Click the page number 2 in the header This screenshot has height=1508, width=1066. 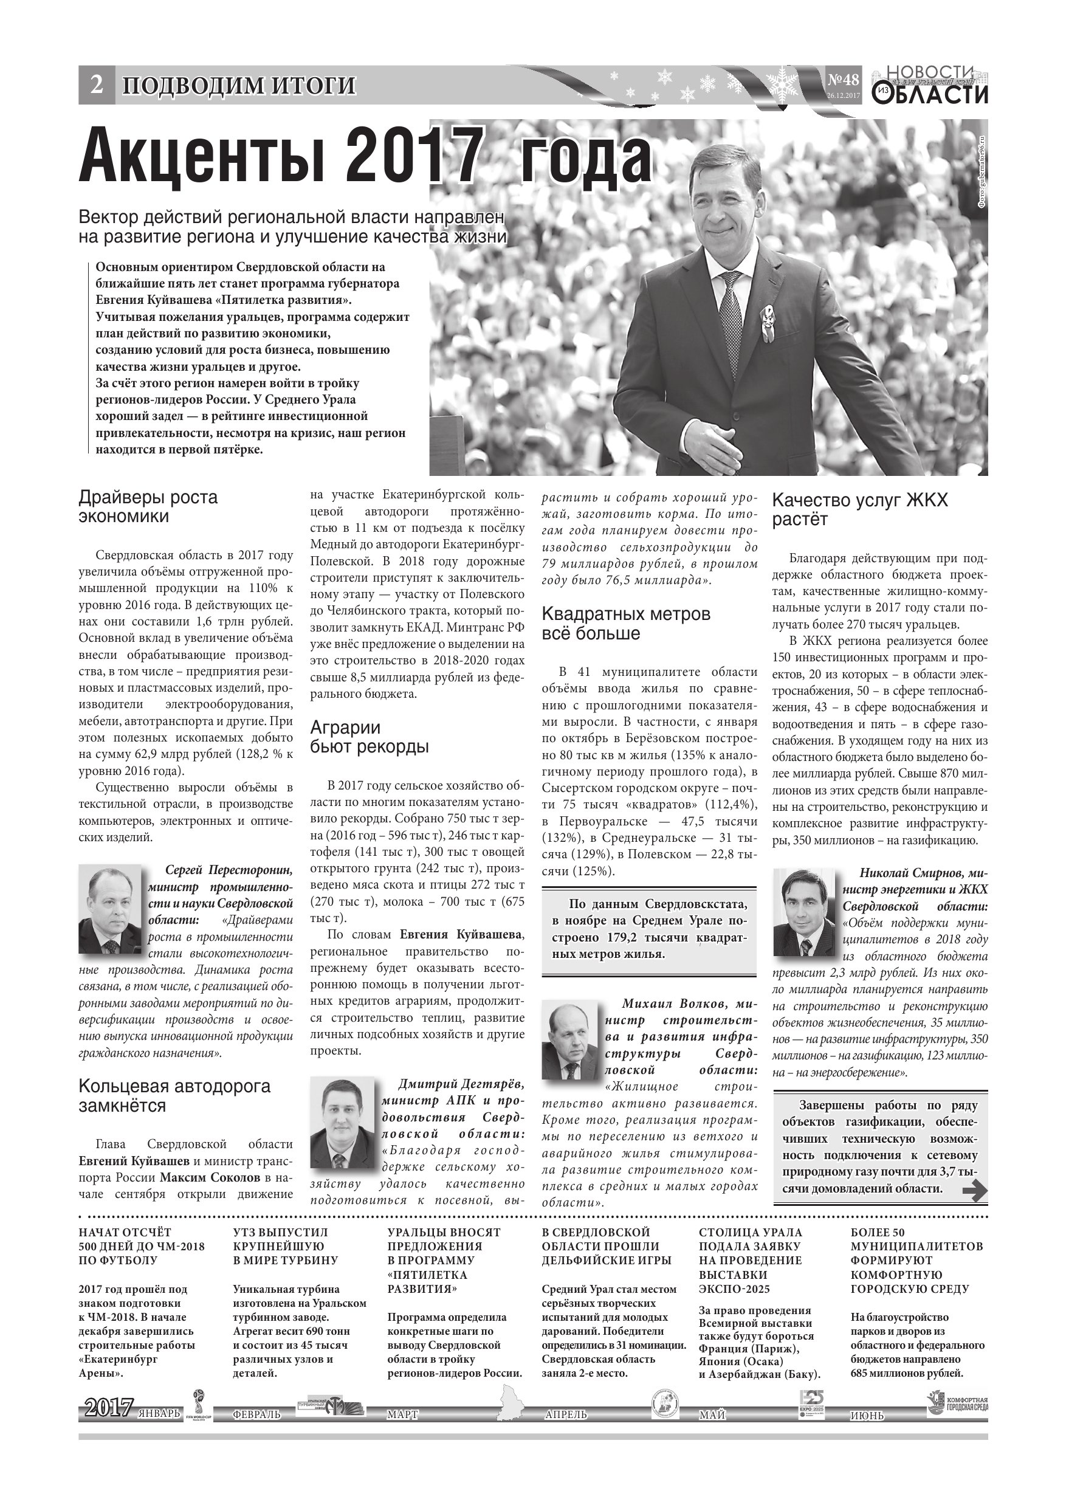[97, 84]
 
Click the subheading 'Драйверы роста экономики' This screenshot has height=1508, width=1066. [148, 507]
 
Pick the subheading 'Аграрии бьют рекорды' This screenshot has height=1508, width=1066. [370, 737]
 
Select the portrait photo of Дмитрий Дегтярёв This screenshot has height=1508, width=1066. [342, 1124]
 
